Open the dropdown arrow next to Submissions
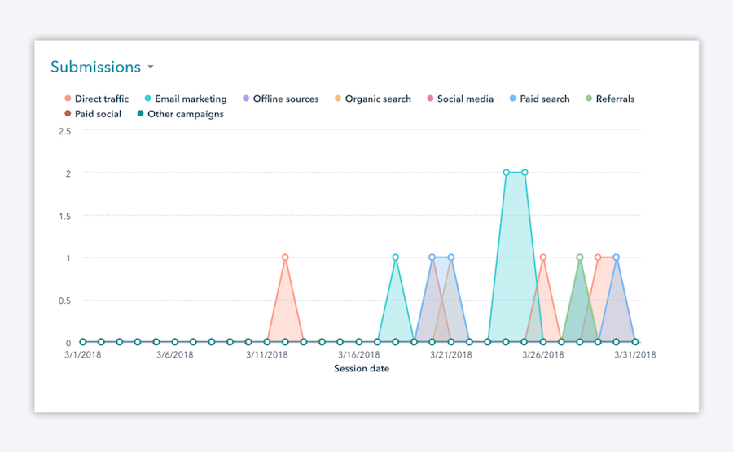(x=151, y=68)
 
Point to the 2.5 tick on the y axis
(x=64, y=131)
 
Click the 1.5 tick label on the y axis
(x=64, y=216)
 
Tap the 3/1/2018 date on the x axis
(x=82, y=355)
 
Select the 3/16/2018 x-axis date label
(x=358, y=355)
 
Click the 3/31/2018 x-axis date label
(x=634, y=355)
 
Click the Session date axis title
(x=361, y=369)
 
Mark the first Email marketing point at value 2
(x=506, y=173)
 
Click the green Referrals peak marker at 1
(x=579, y=257)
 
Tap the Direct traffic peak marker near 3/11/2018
(x=285, y=257)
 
